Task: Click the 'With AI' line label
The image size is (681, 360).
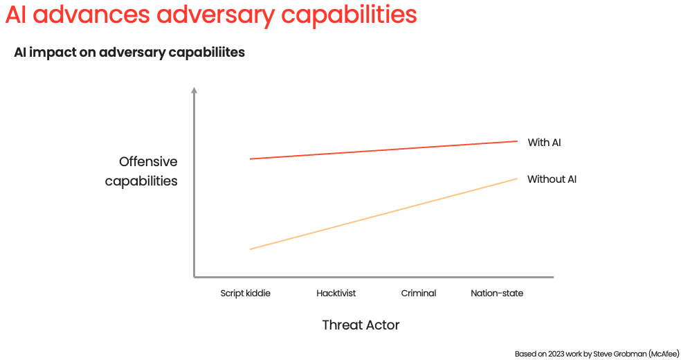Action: point(544,143)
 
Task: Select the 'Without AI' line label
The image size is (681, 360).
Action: point(552,179)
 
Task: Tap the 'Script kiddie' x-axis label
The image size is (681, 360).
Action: point(245,294)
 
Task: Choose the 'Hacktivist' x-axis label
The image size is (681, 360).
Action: point(336,294)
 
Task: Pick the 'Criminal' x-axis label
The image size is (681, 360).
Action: point(419,294)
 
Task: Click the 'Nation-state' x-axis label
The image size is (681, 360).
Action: point(497,294)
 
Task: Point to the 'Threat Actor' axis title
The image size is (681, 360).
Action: point(361,325)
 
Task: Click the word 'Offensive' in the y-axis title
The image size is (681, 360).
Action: point(148,162)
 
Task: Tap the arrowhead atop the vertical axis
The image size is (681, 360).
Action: point(194,91)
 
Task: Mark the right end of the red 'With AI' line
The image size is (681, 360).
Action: point(516,141)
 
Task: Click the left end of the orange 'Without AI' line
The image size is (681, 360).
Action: point(251,249)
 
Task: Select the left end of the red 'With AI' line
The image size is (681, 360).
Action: point(251,159)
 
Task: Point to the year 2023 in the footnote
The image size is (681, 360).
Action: point(554,352)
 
